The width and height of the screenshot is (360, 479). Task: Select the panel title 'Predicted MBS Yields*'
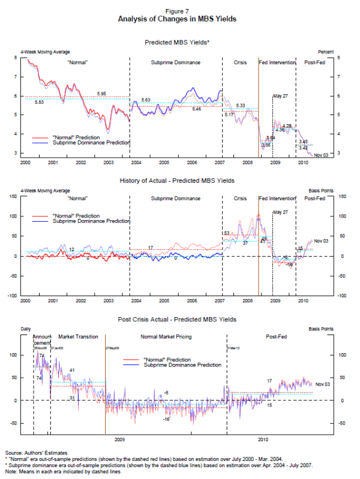[180, 42]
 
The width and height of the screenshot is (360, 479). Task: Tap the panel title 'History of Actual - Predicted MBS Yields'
[180, 180]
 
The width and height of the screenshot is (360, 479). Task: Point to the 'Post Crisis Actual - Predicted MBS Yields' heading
[180, 319]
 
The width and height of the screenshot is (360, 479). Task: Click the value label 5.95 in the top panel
[101, 94]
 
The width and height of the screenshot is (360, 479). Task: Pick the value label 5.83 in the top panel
[39, 103]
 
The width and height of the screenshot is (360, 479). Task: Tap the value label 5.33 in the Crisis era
[241, 106]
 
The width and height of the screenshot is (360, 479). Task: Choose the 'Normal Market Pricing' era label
[167, 338]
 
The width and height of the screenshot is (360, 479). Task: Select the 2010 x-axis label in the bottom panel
[262, 438]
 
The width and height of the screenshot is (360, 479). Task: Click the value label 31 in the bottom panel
[72, 397]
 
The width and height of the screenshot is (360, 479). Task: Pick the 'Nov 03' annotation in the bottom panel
[323, 384]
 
